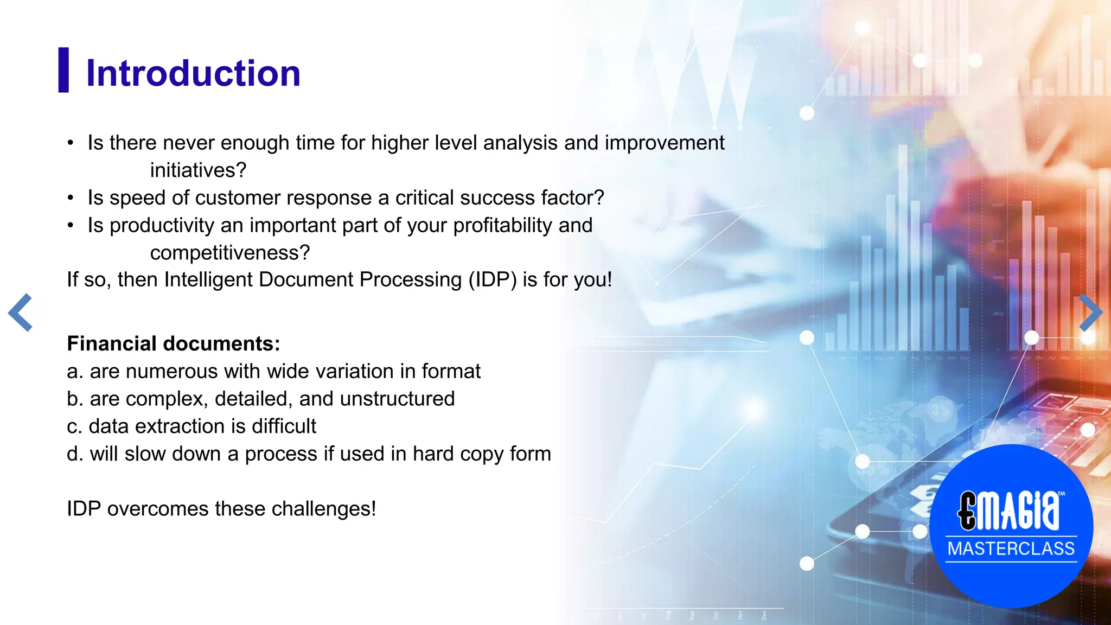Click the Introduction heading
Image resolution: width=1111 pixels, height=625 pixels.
(193, 73)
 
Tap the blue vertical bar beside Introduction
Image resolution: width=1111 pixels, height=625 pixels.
(63, 70)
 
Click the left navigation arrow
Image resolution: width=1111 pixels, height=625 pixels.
(21, 312)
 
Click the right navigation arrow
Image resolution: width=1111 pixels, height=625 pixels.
(1090, 312)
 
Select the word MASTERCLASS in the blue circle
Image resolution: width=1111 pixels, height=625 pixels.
(1011, 549)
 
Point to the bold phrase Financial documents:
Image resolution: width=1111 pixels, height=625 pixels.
(173, 343)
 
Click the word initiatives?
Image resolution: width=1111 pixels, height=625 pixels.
(198, 170)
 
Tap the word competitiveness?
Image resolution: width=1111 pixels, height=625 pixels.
(229, 253)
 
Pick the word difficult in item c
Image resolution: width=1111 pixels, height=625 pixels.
(283, 426)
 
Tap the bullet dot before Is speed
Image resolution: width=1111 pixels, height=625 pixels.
(71, 198)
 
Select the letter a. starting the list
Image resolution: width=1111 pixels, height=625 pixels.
(75, 372)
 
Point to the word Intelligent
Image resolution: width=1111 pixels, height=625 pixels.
(208, 280)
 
